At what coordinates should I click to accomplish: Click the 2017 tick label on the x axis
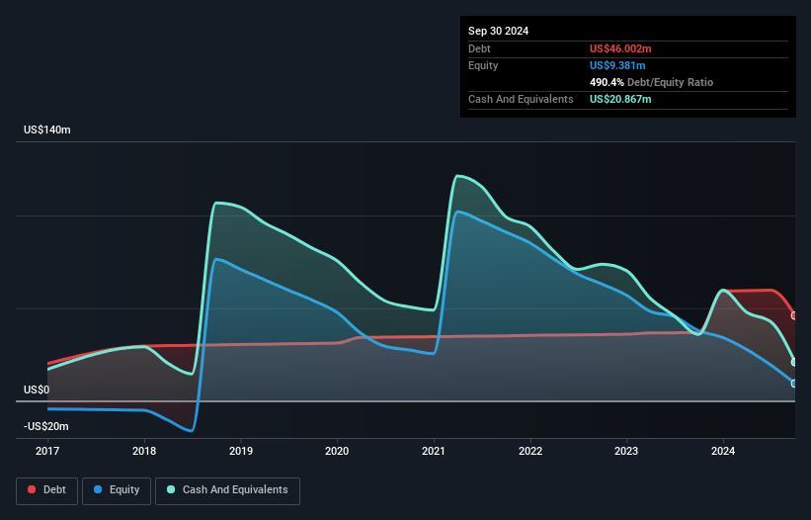click(47, 451)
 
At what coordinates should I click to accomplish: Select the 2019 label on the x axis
click(241, 451)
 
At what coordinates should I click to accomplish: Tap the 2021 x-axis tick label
click(435, 451)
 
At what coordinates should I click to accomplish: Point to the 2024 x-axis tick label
click(723, 451)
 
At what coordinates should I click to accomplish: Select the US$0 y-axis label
click(37, 390)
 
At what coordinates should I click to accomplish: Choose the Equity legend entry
click(118, 489)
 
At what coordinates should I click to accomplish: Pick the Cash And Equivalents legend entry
click(227, 489)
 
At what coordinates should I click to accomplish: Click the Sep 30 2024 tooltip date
click(499, 31)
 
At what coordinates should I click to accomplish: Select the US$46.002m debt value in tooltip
click(620, 48)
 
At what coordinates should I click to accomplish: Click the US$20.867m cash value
click(620, 99)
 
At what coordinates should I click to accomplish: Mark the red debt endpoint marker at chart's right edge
click(794, 315)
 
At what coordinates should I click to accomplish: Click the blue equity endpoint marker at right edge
click(794, 384)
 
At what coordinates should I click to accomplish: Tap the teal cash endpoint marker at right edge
click(794, 362)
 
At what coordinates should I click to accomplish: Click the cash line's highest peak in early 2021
click(457, 176)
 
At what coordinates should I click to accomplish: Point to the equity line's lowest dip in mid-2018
click(190, 431)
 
